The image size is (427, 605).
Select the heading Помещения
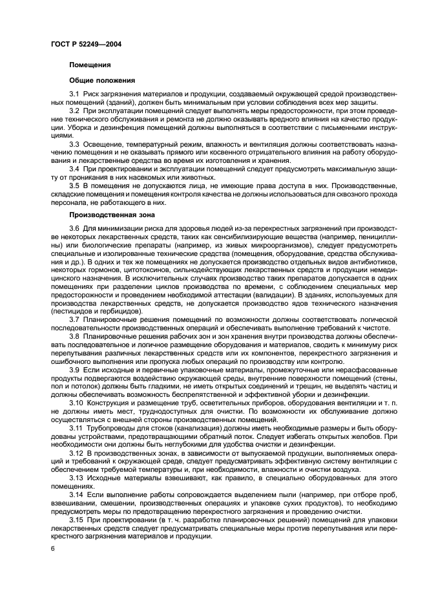90,65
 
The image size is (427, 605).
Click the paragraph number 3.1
74,96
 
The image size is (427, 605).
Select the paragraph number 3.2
74,111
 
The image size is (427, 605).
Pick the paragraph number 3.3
74,143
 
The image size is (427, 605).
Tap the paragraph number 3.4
74,167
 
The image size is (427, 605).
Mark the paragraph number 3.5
74,185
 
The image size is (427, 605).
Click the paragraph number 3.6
74,228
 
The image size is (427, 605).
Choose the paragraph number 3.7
74,320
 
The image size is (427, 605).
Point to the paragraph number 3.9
74,369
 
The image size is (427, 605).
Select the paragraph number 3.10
76,401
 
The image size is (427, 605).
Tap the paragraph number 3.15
76,520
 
